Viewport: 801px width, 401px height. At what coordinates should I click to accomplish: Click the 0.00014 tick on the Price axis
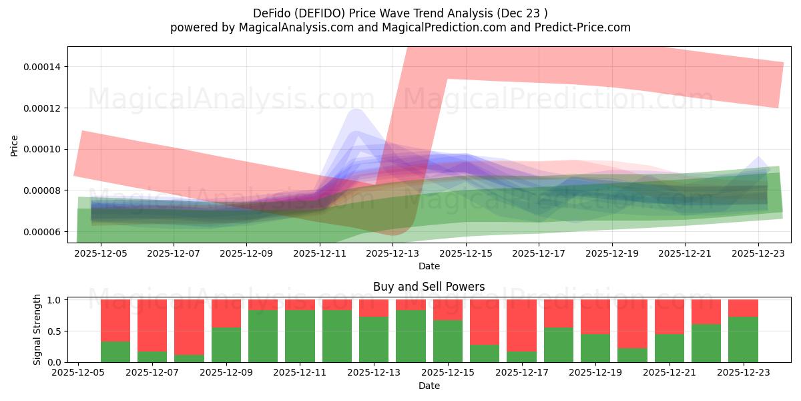coord(41,67)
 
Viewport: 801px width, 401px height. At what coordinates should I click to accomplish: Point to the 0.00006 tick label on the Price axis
coord(41,232)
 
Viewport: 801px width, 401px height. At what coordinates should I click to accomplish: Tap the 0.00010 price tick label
coord(41,149)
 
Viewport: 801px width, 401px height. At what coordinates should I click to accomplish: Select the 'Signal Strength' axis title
coord(37,329)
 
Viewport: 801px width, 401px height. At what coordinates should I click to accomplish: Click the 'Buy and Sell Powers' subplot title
coord(429,287)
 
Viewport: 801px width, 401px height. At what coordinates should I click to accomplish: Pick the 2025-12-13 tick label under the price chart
coord(392,254)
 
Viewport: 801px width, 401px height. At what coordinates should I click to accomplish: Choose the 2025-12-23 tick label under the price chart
coord(758,254)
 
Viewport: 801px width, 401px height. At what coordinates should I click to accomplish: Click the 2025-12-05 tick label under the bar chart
coord(79,373)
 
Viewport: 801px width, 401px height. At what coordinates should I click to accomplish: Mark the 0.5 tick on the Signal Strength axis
coord(56,331)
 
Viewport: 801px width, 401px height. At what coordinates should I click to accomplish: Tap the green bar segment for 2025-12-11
coord(300,336)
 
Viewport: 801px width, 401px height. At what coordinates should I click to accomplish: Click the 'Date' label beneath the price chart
coord(429,267)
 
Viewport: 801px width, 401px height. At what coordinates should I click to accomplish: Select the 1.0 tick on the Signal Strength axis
coord(56,300)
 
